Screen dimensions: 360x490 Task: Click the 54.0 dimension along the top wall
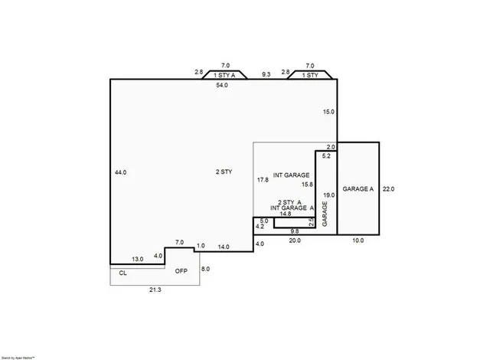pos(222,85)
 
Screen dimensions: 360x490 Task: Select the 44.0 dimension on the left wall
pos(120,173)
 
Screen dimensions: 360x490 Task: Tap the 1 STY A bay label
pos(224,75)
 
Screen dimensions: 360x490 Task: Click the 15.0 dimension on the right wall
pos(328,112)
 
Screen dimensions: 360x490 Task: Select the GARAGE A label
pos(358,189)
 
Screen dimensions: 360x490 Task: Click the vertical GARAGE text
pos(325,213)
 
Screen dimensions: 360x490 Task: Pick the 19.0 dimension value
pos(328,195)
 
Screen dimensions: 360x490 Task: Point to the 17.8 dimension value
pos(263,179)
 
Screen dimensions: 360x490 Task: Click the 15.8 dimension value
pos(307,185)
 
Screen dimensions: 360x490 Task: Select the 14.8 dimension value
pos(285,214)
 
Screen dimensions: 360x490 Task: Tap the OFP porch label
pos(181,272)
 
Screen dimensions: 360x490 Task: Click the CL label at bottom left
pos(122,273)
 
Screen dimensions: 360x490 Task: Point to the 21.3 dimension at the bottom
pos(155,290)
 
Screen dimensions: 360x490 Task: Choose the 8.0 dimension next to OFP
pos(205,269)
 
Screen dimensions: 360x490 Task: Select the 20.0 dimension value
pos(295,241)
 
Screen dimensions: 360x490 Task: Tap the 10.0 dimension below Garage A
pos(358,241)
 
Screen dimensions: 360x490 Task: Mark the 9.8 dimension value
pos(295,231)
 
